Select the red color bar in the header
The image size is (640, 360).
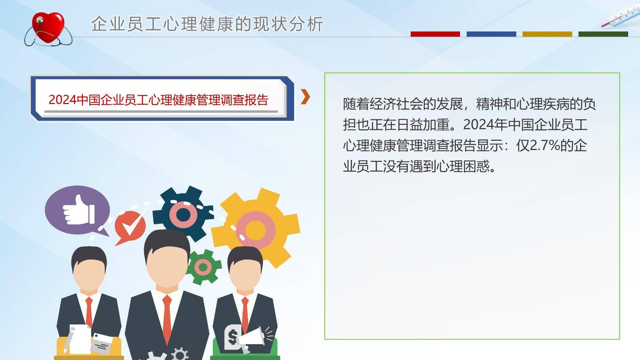435,34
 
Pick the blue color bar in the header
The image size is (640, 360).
491,34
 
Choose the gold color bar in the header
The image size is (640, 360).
547,34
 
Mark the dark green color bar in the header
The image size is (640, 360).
603,34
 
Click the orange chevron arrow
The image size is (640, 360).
305,97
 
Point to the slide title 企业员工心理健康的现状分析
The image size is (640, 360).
207,24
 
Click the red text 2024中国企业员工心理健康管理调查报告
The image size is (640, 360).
159,100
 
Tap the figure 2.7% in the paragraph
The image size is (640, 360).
544,146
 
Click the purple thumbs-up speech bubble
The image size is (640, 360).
77,210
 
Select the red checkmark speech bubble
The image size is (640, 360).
130,226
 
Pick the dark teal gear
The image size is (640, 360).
183,214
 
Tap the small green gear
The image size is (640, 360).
203,267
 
